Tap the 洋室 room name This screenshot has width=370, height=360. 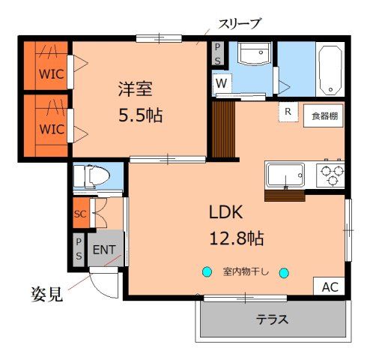135,88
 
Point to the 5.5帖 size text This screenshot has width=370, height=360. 140,115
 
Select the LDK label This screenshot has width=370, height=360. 229,212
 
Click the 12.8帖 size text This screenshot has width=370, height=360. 235,239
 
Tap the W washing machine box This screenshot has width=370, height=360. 222,83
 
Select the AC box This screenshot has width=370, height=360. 330,286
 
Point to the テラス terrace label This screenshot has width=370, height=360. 273,319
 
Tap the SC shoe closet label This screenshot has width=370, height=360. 80,214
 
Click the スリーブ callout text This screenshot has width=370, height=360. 238,24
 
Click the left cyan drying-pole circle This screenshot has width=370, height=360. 205,272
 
